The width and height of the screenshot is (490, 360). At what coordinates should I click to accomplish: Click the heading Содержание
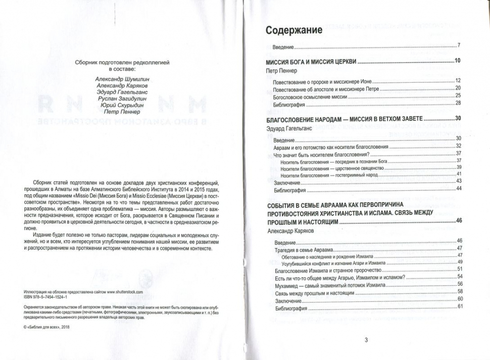[295, 30]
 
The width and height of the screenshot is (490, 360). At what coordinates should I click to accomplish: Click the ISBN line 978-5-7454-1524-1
[50, 297]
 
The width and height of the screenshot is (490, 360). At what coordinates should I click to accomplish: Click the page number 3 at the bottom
[366, 339]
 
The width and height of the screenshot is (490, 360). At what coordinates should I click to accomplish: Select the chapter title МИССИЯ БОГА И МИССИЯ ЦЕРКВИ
[311, 62]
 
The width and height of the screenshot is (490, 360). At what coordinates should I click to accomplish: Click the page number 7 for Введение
[458, 46]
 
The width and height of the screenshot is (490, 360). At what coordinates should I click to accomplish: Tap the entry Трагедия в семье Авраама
[303, 248]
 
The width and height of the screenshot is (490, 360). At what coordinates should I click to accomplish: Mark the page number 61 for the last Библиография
[460, 306]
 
